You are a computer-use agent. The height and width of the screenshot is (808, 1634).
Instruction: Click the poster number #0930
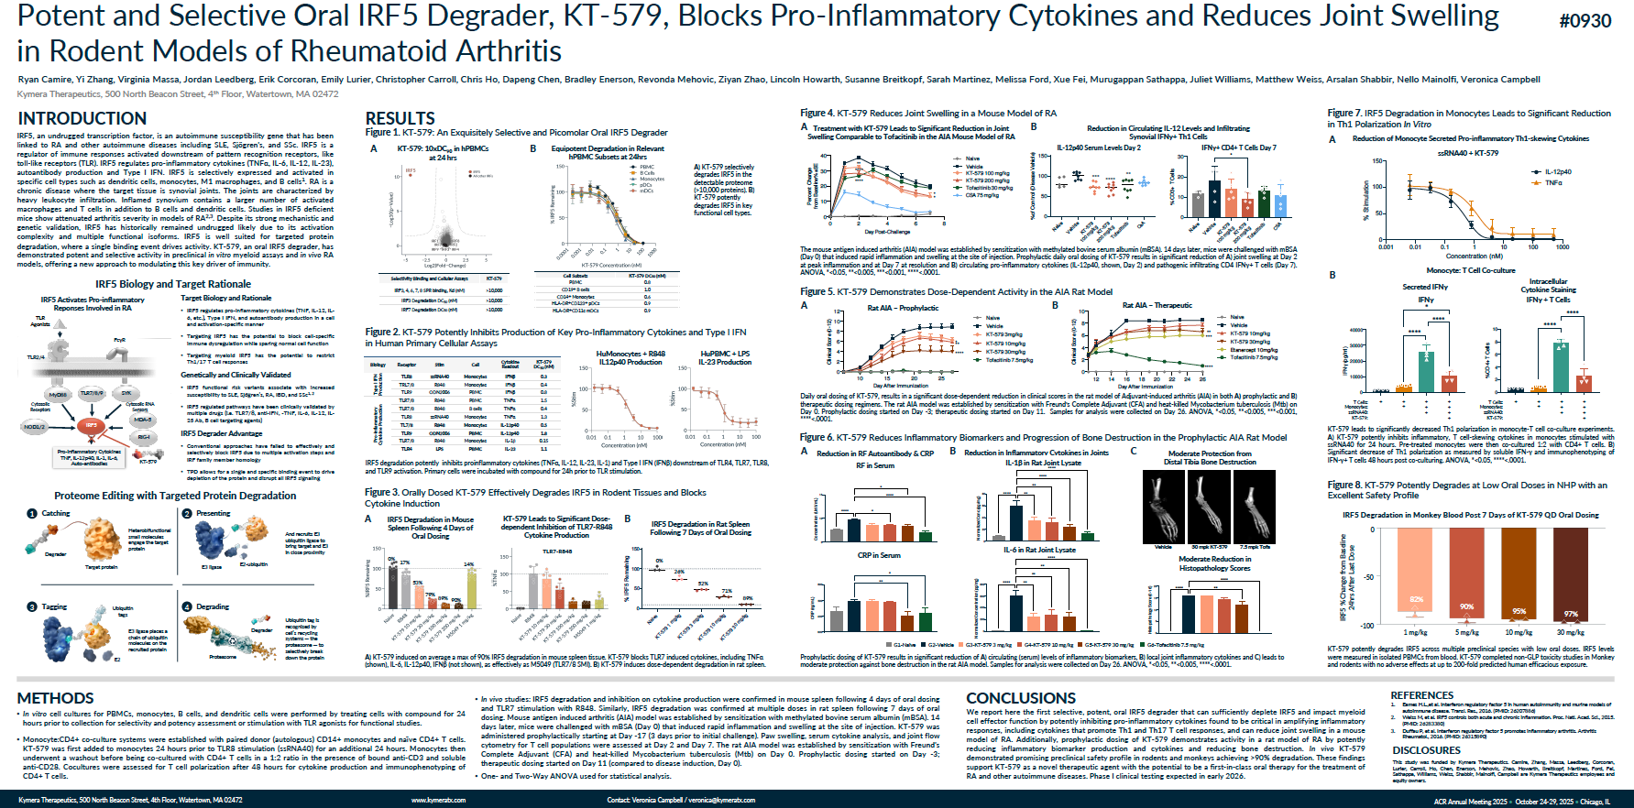tap(1585, 21)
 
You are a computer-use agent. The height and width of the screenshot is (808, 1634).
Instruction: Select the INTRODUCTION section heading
tap(82, 118)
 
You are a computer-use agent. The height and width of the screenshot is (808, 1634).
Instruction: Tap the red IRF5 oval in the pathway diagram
tap(91, 425)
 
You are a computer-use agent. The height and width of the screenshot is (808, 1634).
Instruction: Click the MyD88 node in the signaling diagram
tap(58, 395)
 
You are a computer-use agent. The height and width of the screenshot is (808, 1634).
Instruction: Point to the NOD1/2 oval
tap(34, 427)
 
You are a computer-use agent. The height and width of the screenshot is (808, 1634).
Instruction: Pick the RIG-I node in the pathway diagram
tap(144, 437)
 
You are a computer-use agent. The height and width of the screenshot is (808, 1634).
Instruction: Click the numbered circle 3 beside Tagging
tap(32, 606)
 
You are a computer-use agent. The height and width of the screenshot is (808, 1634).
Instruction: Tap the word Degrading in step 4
tap(213, 606)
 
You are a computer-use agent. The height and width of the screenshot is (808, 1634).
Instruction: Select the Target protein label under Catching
tap(101, 567)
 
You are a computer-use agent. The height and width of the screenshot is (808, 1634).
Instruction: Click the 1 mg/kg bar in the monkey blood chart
tap(1415, 570)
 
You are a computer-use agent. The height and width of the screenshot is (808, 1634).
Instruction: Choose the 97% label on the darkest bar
tap(1571, 614)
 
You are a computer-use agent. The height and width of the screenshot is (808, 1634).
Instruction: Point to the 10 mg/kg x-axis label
tap(1519, 632)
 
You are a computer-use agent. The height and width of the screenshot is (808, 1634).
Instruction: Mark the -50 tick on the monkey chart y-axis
tap(1369, 577)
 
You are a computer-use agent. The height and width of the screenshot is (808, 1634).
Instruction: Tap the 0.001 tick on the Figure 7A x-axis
tap(1386, 246)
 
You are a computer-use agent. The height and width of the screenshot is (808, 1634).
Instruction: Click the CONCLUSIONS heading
tap(1021, 698)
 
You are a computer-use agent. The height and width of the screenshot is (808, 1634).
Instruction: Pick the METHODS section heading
tap(55, 698)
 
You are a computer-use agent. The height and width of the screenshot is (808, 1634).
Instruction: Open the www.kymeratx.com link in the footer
tap(438, 800)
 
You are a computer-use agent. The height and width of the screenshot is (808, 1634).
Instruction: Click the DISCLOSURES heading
tap(1426, 750)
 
